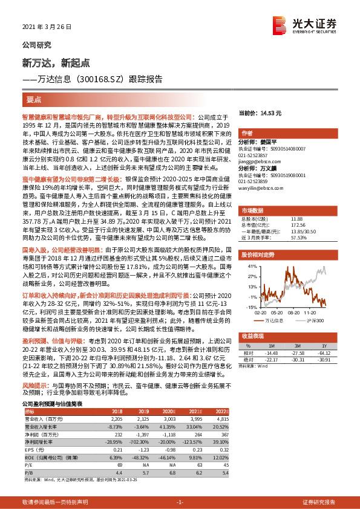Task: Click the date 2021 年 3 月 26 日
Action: click(x=46, y=28)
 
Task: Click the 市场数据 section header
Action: click(x=252, y=210)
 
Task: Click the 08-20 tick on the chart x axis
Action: click(x=294, y=313)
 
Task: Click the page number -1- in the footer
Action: click(x=179, y=502)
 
